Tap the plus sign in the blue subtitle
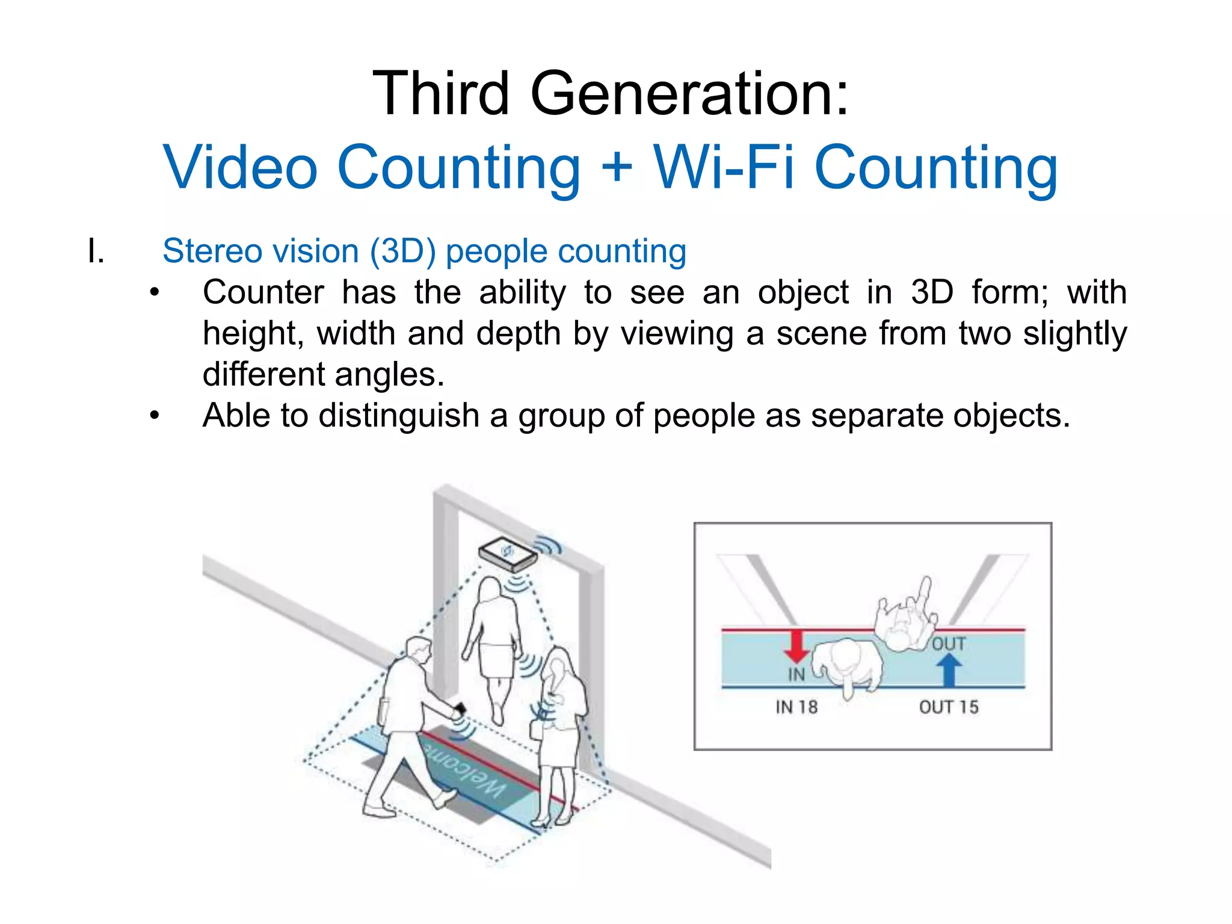(x=617, y=167)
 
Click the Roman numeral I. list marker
(x=96, y=251)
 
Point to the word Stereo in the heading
(x=217, y=251)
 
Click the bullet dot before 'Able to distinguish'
(x=155, y=415)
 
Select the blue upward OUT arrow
(x=949, y=670)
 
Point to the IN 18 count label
(x=796, y=707)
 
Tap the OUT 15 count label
(x=949, y=707)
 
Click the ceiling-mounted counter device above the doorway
(x=507, y=554)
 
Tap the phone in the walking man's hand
(x=460, y=709)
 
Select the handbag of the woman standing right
(x=535, y=728)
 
